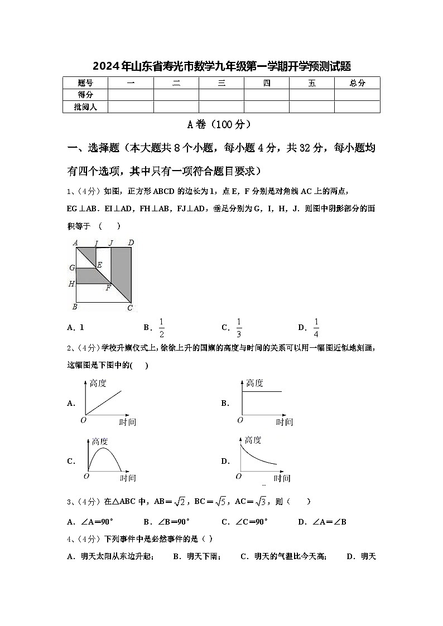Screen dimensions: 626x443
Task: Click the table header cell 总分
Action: coord(357,83)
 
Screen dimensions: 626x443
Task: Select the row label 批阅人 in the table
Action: coord(85,106)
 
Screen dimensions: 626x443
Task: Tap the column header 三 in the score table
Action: coord(222,83)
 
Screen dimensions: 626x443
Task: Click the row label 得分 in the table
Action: coord(85,95)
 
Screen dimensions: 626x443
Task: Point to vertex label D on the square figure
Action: coord(131,242)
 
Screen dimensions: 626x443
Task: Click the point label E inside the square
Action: coord(99,264)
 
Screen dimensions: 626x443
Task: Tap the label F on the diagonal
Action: coord(108,288)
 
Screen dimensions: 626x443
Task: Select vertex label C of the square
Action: coord(130,308)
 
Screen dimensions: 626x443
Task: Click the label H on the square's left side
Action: coord(71,284)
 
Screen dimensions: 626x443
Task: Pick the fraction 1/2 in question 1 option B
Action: coord(162,328)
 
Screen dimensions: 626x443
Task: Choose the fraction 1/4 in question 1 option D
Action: coord(316,328)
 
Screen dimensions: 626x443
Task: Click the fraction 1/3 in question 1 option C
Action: coord(239,328)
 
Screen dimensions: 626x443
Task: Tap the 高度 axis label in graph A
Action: coord(98,383)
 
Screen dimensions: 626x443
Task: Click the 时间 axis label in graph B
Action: coord(284,422)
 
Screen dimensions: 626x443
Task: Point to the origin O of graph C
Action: coord(86,476)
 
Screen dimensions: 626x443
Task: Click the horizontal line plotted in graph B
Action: coord(262,392)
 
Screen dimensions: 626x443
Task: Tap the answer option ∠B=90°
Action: coord(166,522)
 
